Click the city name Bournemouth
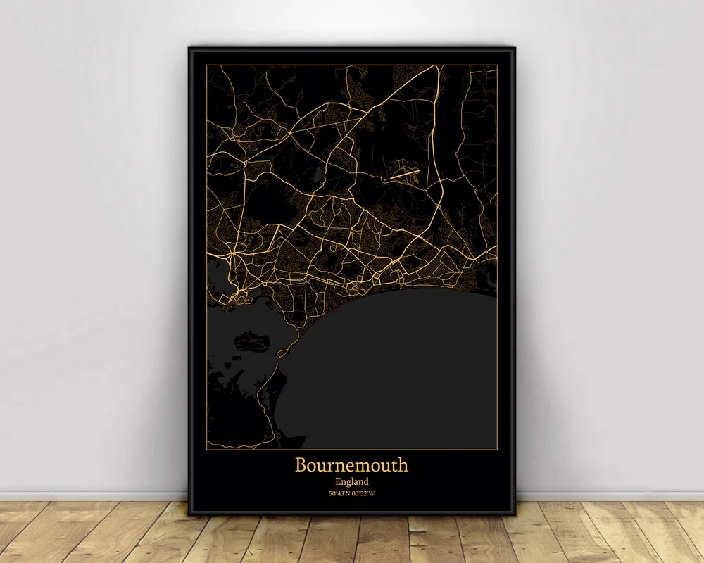click(351, 465)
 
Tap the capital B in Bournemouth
click(301, 465)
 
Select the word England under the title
click(351, 481)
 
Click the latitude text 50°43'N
click(340, 493)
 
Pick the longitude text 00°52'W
click(364, 493)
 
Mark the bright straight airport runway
click(402, 172)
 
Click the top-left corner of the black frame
click(189, 48)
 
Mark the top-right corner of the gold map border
click(497, 65)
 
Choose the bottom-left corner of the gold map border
click(207, 449)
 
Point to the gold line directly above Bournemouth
click(351, 449)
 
